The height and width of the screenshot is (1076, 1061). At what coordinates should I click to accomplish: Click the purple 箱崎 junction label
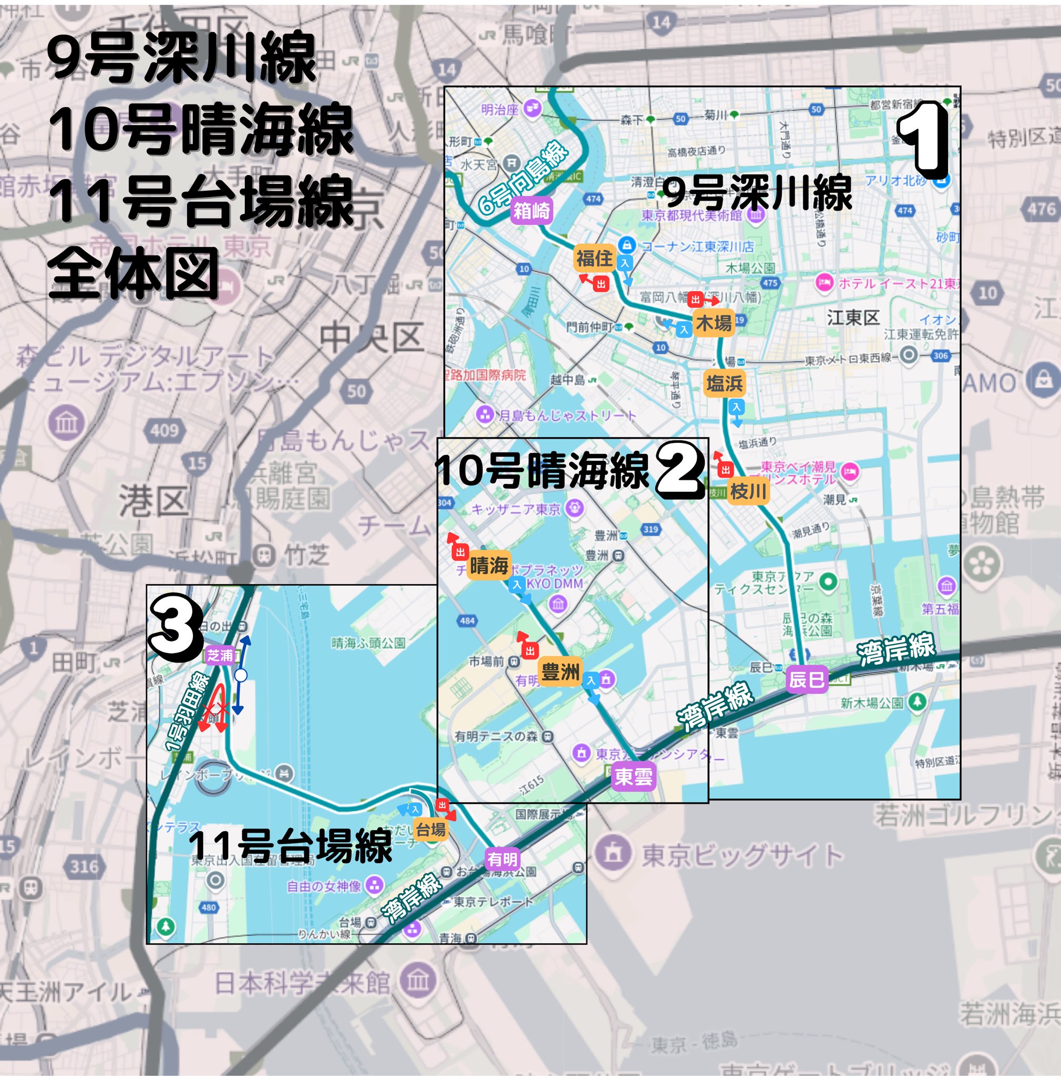531,211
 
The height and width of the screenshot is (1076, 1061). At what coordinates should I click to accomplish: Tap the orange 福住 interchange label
594,258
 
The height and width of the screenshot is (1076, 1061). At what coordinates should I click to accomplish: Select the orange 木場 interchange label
714,323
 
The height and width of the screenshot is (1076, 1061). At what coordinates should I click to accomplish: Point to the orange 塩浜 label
724,383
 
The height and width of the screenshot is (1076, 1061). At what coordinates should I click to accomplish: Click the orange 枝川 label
748,491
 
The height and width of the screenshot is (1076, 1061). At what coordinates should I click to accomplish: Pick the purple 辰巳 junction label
807,679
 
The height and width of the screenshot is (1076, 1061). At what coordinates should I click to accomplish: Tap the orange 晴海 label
489,566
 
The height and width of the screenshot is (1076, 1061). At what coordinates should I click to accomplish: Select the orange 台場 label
431,830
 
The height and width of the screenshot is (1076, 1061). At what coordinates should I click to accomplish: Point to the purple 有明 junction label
503,860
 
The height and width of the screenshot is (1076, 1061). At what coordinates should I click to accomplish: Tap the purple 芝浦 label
220,656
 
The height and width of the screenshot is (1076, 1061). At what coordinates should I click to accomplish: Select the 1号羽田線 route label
187,712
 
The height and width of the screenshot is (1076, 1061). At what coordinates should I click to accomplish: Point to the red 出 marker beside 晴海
459,552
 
